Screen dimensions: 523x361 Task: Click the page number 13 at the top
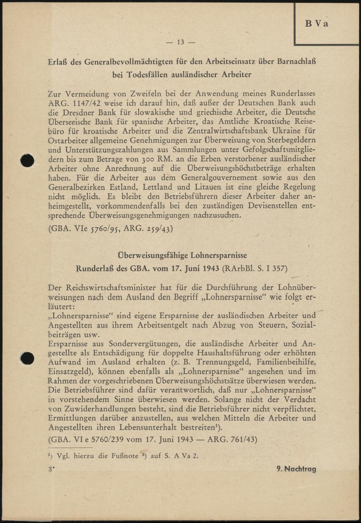(180, 42)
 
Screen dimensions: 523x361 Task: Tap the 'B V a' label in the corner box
(317, 24)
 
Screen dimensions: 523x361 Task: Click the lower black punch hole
(27, 358)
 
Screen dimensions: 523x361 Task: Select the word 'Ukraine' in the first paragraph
(288, 131)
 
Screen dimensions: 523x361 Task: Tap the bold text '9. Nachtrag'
(296, 469)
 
